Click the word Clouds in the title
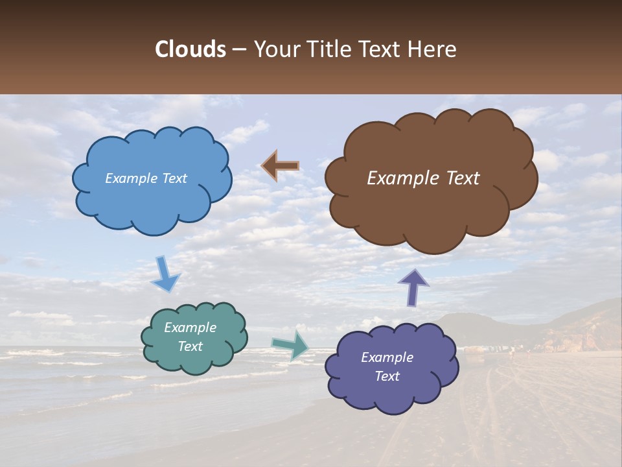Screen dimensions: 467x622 (x=190, y=49)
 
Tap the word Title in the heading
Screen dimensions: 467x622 (x=326, y=49)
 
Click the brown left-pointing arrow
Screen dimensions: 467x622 (x=280, y=166)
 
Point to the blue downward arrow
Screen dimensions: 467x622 (x=165, y=274)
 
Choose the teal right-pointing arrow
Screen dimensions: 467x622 (x=290, y=344)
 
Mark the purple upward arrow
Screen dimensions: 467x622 (x=413, y=287)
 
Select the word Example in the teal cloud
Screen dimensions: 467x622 (x=190, y=328)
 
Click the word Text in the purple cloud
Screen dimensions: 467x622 (x=387, y=376)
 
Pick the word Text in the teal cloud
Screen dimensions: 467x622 (x=190, y=346)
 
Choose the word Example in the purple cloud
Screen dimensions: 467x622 (x=387, y=357)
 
